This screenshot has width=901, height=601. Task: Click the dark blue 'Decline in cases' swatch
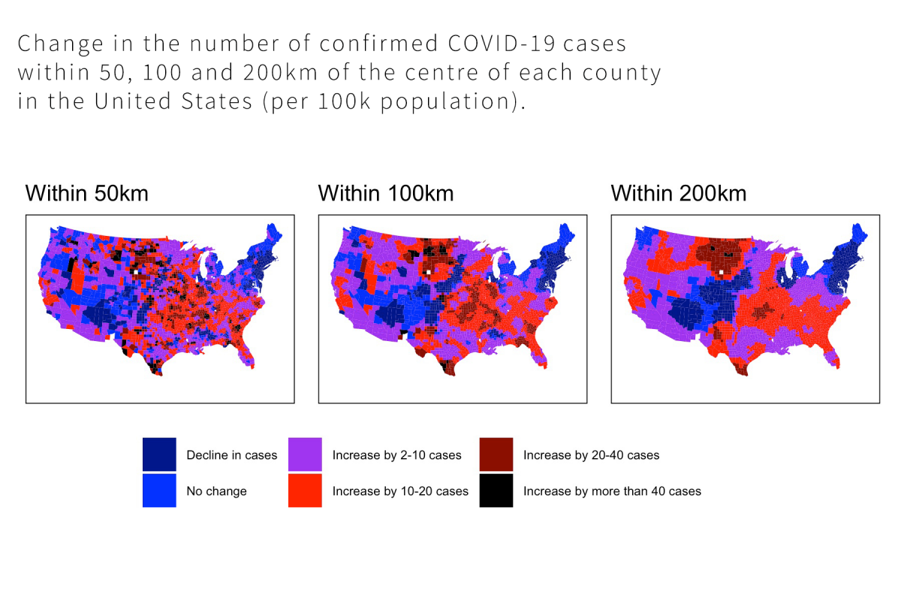159,455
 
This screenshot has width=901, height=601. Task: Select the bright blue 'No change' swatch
159,491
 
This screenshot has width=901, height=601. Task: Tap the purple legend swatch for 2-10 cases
305,455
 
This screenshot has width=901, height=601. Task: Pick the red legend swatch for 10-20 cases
305,491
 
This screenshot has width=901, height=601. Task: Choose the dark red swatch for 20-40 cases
496,455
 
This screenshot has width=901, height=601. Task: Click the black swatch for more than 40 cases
496,491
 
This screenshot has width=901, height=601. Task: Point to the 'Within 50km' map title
86,193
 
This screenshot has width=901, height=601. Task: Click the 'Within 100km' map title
385,193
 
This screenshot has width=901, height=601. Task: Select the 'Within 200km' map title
678,193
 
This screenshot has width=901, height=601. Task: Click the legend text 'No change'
216,491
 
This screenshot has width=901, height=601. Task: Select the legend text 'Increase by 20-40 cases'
591,455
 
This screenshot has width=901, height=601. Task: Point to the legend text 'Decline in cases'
231,455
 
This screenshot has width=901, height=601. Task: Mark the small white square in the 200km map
721,272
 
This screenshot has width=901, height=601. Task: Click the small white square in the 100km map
428,272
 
